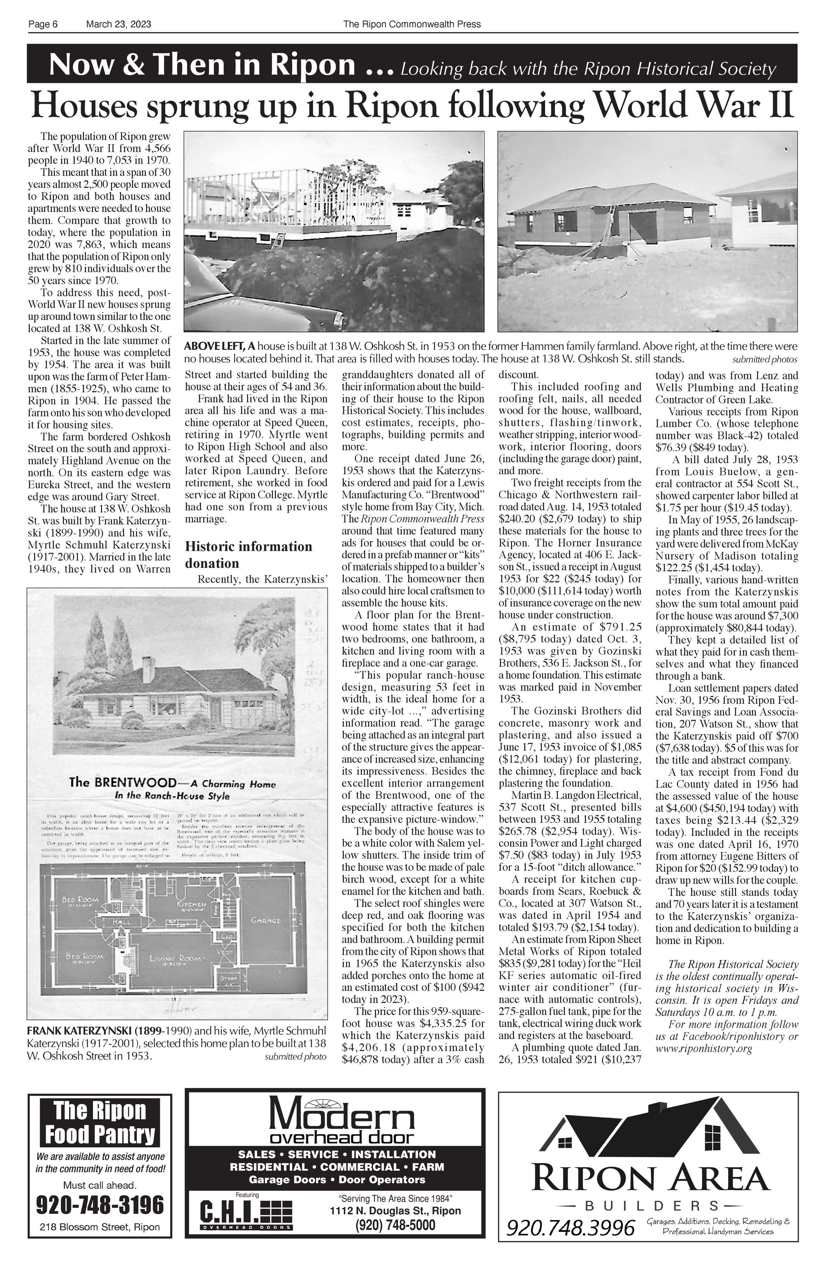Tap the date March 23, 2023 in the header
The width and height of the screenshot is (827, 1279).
click(118, 24)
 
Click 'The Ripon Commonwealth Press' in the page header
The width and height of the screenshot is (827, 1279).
click(412, 24)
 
